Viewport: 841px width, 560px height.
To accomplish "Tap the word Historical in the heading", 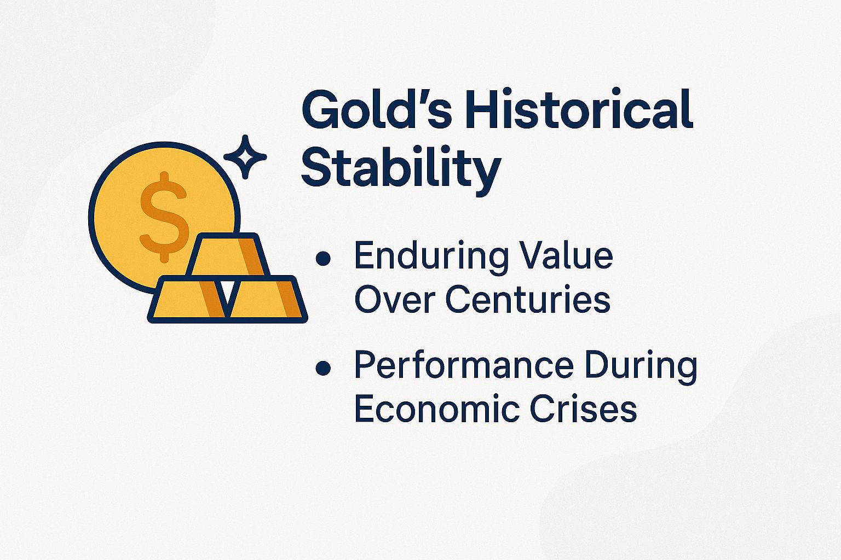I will (x=579, y=110).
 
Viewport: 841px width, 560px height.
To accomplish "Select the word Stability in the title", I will (x=401, y=168).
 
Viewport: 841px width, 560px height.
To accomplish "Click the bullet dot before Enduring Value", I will (x=324, y=258).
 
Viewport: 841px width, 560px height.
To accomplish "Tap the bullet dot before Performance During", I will (x=324, y=368).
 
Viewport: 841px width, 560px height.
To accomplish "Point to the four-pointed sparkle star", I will (x=245, y=157).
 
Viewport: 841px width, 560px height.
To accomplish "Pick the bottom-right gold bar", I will (x=266, y=300).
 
